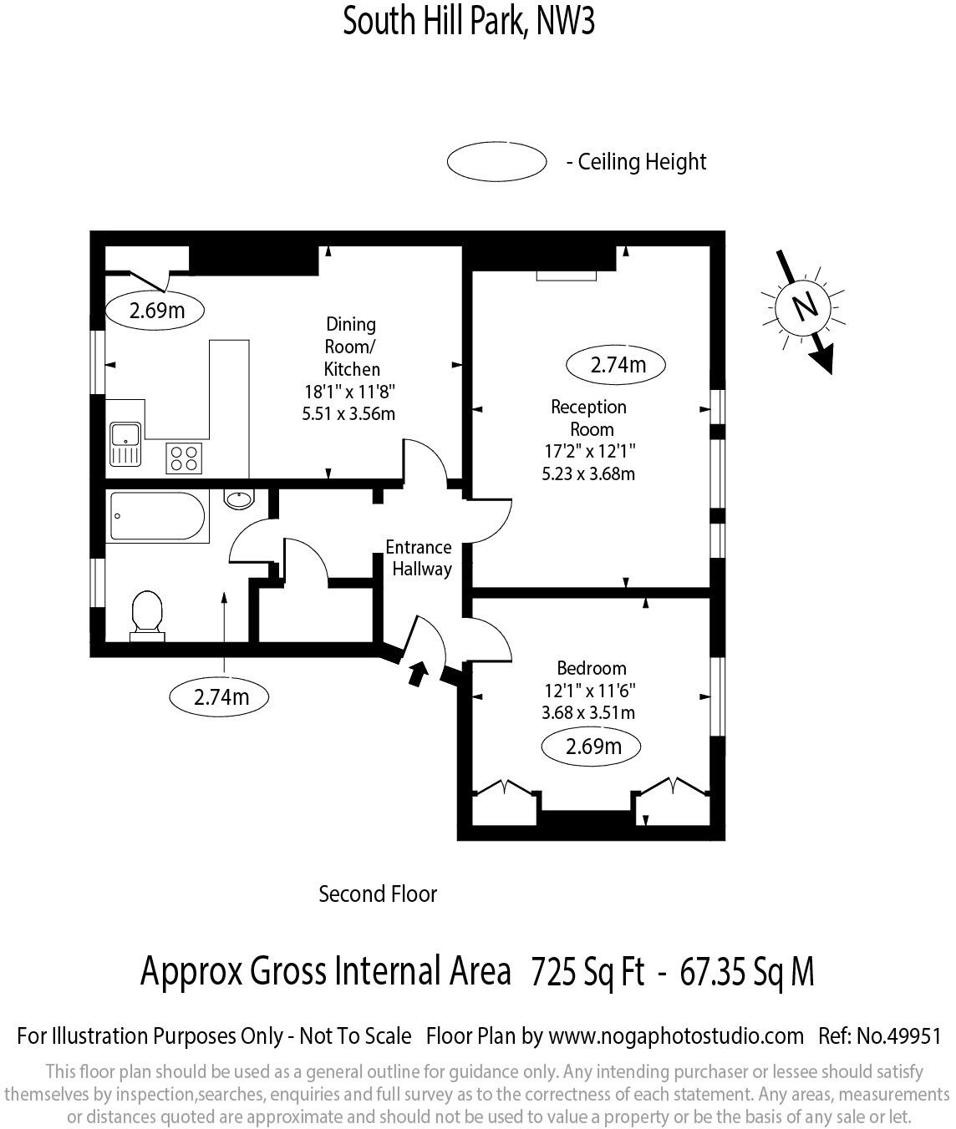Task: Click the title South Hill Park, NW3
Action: pos(469,21)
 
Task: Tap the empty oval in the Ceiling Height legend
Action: pos(496,161)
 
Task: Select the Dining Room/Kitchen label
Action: pos(350,347)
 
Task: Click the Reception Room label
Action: pos(589,418)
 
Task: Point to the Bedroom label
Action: pos(592,668)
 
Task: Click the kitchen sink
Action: pos(125,443)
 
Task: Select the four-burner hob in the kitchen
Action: pos(184,458)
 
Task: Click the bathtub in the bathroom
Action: pos(156,517)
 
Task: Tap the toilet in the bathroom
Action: pos(147,615)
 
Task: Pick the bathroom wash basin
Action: pos(239,499)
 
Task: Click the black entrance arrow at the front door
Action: pos(417,672)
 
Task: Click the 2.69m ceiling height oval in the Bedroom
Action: pos(592,746)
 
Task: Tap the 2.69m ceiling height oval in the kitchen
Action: pos(155,311)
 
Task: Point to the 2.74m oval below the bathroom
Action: pos(220,696)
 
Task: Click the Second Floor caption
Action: pos(378,894)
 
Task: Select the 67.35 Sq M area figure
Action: pos(747,971)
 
